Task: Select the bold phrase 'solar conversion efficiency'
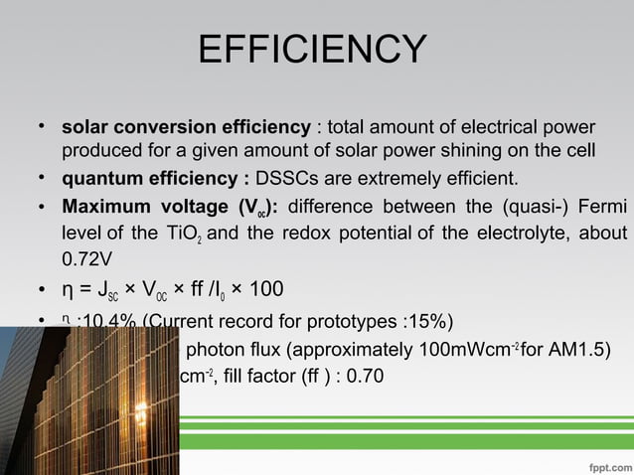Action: pos(186,128)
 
